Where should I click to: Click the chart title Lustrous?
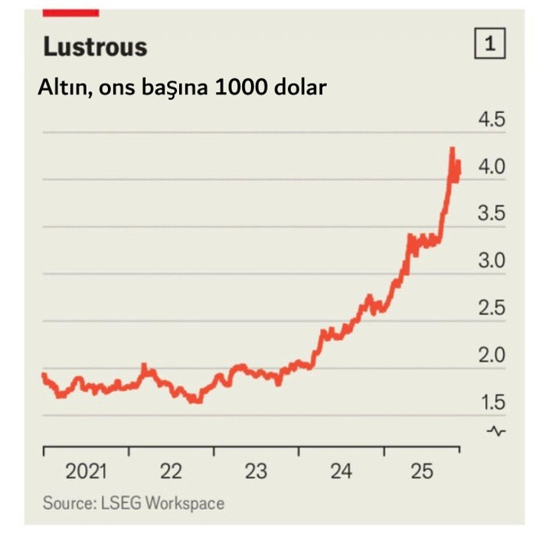tap(95, 47)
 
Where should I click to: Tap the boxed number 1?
tap(491, 44)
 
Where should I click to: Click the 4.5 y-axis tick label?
tap(492, 120)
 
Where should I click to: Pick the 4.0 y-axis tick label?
tap(492, 167)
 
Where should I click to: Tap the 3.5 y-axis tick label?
tap(492, 214)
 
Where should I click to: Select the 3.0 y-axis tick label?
tap(492, 261)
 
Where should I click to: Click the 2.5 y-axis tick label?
tap(492, 308)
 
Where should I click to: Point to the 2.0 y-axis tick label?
tap(492, 355)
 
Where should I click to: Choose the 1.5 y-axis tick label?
tap(492, 402)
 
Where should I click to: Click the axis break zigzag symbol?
tap(497, 431)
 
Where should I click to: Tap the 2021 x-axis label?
tap(86, 471)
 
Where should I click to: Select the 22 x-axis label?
tap(171, 471)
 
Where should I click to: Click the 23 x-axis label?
tap(256, 471)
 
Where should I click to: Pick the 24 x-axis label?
tap(341, 471)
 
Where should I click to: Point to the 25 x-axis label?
tap(422, 471)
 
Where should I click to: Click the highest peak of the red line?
tap(453, 149)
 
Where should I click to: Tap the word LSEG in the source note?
tap(119, 504)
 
